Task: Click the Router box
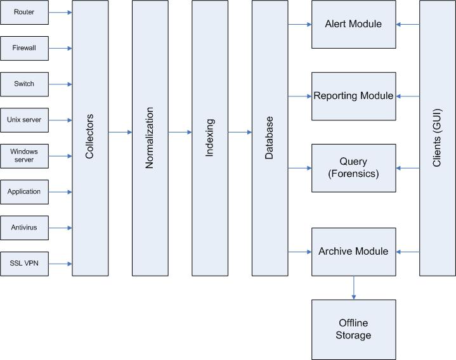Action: [x=25, y=12]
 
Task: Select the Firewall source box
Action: [x=25, y=48]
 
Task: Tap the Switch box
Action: [x=25, y=84]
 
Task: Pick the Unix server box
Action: [x=25, y=120]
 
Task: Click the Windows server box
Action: [x=25, y=156]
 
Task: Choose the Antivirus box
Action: [x=25, y=228]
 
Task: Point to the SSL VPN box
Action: [x=25, y=264]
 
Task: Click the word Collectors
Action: [x=89, y=136]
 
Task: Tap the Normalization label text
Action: [x=150, y=138]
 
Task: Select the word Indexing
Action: [x=210, y=138]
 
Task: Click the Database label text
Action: [x=270, y=138]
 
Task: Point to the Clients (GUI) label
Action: [x=437, y=138]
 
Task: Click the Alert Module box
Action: [x=354, y=25]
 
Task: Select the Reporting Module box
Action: [x=354, y=96]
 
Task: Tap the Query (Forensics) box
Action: [x=354, y=168]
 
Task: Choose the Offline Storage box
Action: [x=354, y=330]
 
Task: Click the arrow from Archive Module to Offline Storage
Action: [x=354, y=288]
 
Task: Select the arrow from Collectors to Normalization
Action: [x=120, y=132]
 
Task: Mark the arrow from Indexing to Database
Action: [x=240, y=132]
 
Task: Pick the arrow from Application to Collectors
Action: [x=60, y=192]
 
